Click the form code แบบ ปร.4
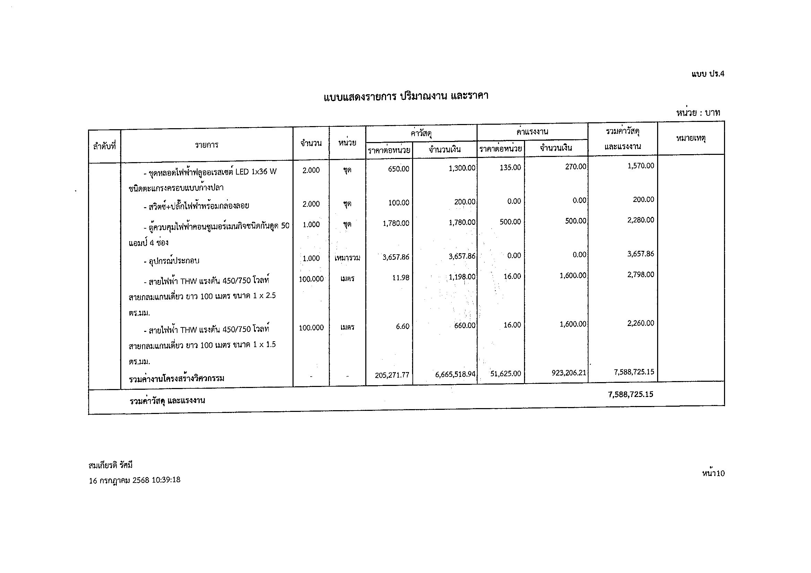pyautogui.click(x=707, y=74)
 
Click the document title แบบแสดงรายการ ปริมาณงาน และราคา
pyautogui.click(x=406, y=96)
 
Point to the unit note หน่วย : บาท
pyautogui.click(x=698, y=113)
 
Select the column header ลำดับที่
pyautogui.click(x=105, y=146)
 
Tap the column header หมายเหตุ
pyautogui.click(x=690, y=138)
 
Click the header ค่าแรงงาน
pyautogui.click(x=532, y=132)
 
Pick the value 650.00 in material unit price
pyautogui.click(x=399, y=169)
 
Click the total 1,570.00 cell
pyautogui.click(x=640, y=166)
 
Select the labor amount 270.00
pyautogui.click(x=575, y=167)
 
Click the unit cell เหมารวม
pyautogui.click(x=347, y=258)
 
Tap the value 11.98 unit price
pyautogui.click(x=401, y=278)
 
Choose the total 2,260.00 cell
pyautogui.click(x=640, y=323)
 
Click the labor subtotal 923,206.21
pyautogui.click(x=569, y=373)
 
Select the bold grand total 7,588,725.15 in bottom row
pyautogui.click(x=630, y=394)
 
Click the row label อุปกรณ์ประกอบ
pyautogui.click(x=172, y=261)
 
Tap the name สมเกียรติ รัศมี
pyautogui.click(x=111, y=465)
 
